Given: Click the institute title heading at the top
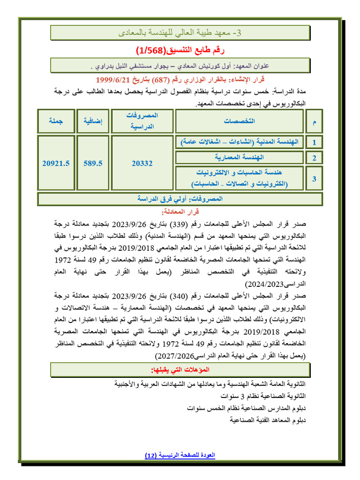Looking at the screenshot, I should pos(180,33).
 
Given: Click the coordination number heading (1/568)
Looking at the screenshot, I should pos(180,50).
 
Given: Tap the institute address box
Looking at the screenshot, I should pos(180,65).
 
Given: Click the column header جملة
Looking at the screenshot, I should pos(55,121).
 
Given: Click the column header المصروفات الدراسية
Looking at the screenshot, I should pos(142,121).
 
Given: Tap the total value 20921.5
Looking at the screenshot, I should pos(55,163).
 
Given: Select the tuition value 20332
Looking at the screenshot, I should pos(142,163).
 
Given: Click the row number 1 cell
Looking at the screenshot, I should pos(314,142).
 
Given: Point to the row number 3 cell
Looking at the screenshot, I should pos(314,178).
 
